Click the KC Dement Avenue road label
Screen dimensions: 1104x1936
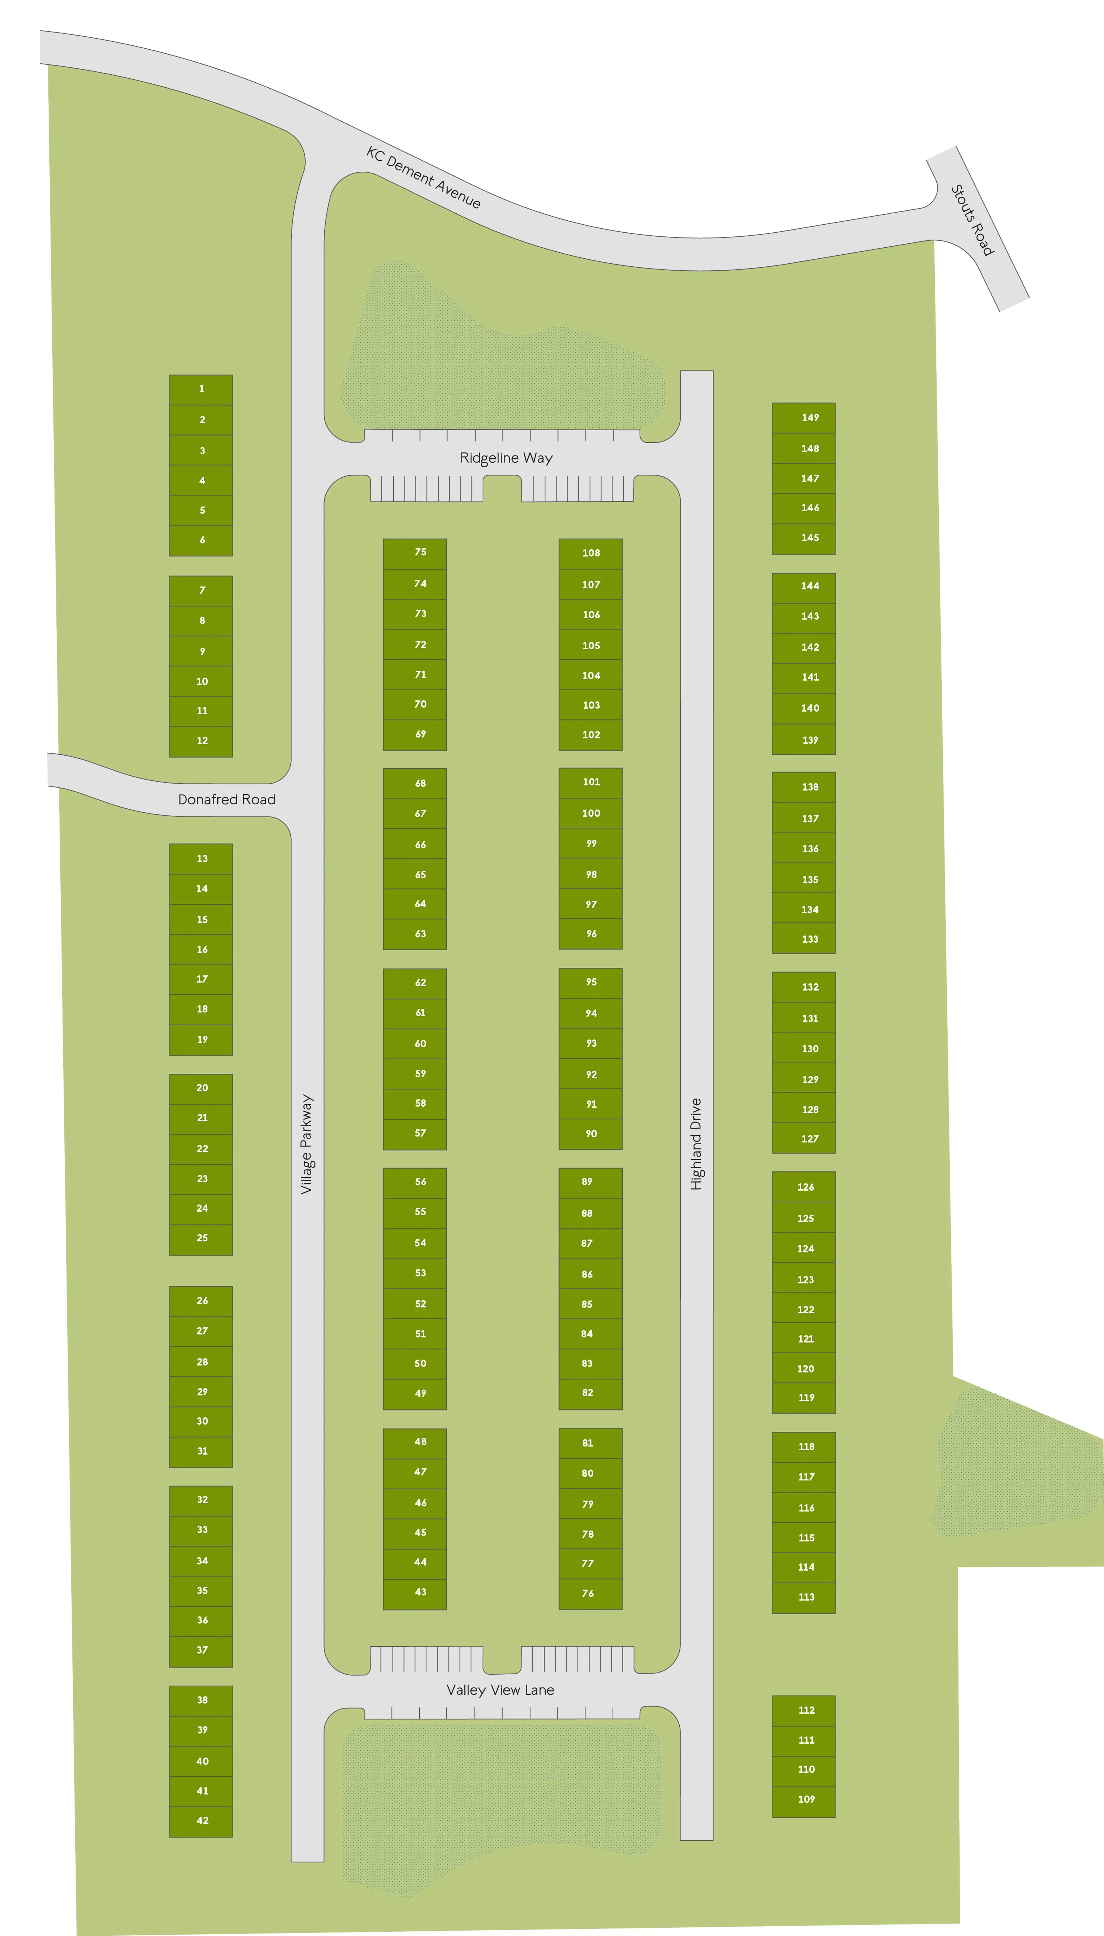pos(423,177)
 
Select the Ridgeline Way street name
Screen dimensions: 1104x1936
pos(506,458)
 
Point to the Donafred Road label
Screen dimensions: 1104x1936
pos(227,799)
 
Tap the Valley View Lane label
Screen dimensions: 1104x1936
pos(501,1690)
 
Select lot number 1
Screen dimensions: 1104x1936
pos(201,389)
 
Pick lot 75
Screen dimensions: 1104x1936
pos(420,552)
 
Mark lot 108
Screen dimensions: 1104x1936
pos(591,553)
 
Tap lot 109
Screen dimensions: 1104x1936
pos(806,1799)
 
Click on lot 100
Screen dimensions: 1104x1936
pos(591,813)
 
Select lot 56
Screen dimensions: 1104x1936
pos(420,1181)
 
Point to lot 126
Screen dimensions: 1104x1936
pos(805,1187)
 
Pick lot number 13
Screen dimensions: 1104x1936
pos(202,858)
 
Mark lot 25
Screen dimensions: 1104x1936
pos(202,1237)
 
